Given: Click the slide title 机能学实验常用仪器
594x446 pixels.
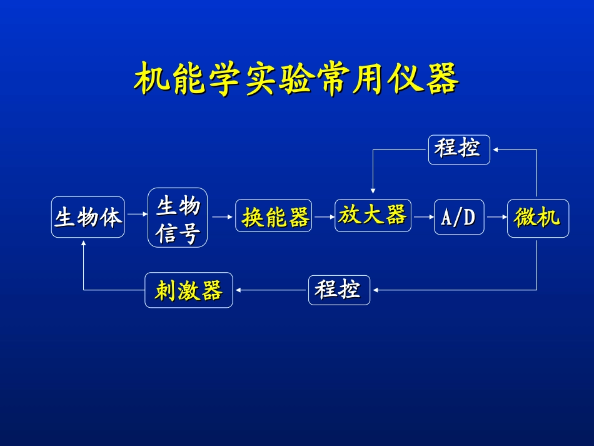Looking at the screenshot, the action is coord(297,79).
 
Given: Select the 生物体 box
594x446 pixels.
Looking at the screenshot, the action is coord(88,217).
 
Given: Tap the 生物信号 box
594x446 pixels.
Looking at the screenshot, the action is coord(178,218).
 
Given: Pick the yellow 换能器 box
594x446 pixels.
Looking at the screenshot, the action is coord(276,216).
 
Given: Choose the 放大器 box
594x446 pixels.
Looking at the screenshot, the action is coord(373,216).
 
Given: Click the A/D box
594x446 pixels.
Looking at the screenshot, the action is coord(459,217).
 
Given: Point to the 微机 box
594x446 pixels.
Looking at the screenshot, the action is coord(538,218).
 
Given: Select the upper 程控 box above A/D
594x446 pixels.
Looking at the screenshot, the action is coord(459,150).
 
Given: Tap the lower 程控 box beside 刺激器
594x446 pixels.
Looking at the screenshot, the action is coord(339,290).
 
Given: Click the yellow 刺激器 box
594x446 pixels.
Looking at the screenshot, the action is coord(189,290).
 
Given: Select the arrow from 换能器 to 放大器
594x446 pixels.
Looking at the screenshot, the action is coord(325,217).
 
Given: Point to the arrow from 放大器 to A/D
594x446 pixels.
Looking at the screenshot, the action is coord(423,217).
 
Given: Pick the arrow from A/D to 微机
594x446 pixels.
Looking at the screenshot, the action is coord(496,217).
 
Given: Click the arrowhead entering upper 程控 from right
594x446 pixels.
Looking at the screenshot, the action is coord(495,150).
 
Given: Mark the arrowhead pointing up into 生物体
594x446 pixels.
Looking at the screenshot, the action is coord(84,245).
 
